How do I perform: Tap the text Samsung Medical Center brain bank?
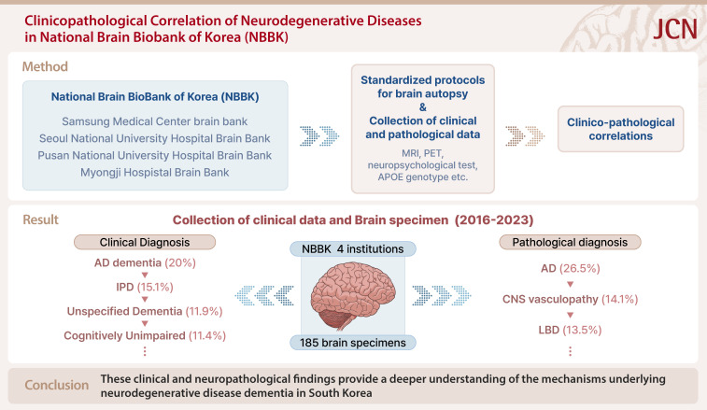(155, 120)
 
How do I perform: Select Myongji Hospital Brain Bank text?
(155, 173)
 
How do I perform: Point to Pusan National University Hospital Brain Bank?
(155, 155)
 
